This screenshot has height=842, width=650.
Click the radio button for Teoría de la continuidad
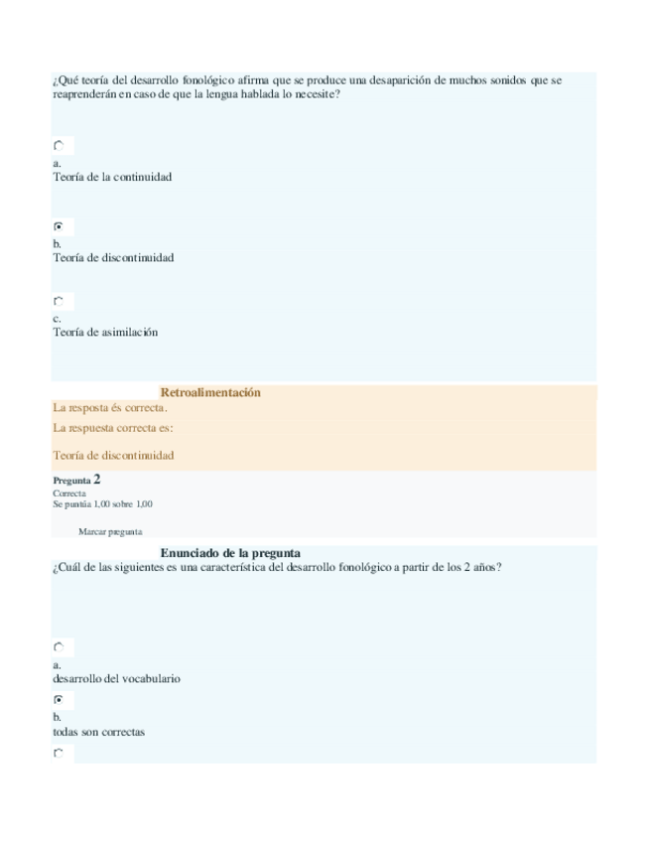(59, 146)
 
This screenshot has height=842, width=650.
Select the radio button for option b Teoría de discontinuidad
(59, 226)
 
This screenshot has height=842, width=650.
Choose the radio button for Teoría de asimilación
(59, 301)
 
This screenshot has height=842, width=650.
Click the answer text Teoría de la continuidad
(112, 177)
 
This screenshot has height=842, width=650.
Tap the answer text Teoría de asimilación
(105, 333)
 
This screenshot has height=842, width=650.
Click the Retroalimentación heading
(210, 392)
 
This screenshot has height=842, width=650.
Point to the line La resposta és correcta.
(110, 407)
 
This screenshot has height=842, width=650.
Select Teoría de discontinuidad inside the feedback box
(113, 455)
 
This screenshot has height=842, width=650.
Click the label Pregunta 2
(76, 479)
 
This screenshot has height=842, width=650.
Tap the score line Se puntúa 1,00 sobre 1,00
(102, 503)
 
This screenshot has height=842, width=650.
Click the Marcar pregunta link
(110, 531)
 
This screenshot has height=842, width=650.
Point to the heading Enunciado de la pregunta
(230, 552)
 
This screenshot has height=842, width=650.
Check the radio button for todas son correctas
(59, 699)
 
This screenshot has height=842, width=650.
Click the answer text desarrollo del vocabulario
(116, 679)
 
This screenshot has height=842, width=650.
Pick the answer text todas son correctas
(98, 732)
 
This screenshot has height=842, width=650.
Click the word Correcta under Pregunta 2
(68, 492)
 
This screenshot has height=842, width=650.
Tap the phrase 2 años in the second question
(482, 567)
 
